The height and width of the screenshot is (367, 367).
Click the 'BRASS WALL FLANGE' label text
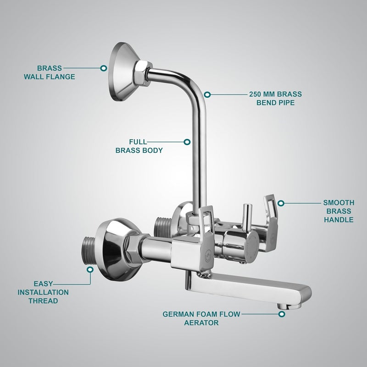[50, 72]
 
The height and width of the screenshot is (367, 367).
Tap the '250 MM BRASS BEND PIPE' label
[275, 98]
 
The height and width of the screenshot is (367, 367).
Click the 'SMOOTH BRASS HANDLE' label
[339, 211]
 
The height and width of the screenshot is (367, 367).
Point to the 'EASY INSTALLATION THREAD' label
[43, 292]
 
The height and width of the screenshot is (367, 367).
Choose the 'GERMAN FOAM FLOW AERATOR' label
[201, 318]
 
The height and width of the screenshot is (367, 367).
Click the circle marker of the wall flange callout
[104, 68]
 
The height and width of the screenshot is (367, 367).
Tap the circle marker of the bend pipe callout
[207, 95]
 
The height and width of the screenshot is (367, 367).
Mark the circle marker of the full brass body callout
[187, 142]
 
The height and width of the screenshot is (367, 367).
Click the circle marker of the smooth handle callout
[281, 202]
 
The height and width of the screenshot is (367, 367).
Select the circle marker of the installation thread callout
[90, 270]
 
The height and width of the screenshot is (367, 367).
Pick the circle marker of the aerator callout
[282, 314]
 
